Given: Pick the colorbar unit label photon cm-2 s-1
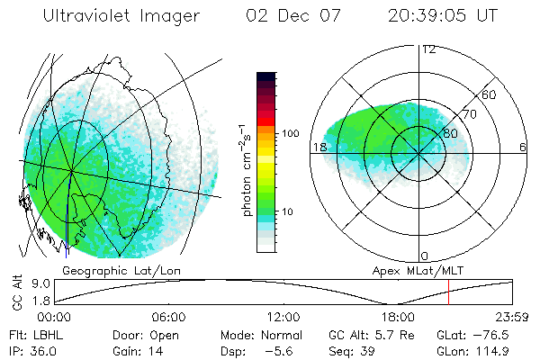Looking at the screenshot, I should [x=246, y=167].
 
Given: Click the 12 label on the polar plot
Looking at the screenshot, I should [x=428, y=49].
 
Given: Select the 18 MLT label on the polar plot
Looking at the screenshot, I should [x=318, y=148].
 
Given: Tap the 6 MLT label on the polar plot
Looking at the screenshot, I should [x=523, y=148].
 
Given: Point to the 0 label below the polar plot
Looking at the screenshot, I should [x=425, y=256].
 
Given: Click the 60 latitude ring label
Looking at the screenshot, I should [x=490, y=94].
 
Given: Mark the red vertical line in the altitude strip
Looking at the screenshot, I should [x=448, y=292].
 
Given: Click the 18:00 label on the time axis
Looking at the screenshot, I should [x=398, y=318].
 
